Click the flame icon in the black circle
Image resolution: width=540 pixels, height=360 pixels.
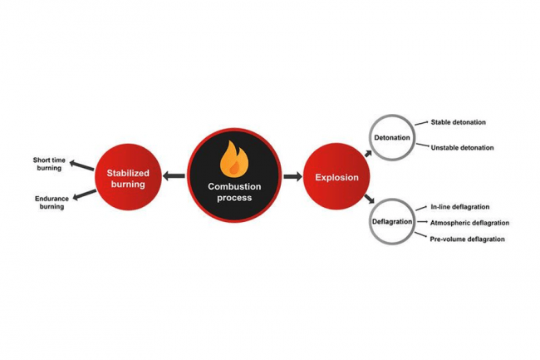click(x=228, y=157)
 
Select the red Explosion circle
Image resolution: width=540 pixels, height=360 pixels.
click(x=336, y=177)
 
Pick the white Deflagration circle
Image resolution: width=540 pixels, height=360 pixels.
click(x=390, y=223)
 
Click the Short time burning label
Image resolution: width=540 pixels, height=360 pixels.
click(x=48, y=163)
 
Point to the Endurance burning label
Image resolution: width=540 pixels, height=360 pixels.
click(x=51, y=202)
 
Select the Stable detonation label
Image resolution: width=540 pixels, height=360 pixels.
click(x=458, y=122)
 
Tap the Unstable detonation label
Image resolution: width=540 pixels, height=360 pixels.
click(x=462, y=148)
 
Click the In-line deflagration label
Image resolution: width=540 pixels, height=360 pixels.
click(x=459, y=206)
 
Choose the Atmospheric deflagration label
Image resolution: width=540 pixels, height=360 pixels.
click(x=469, y=223)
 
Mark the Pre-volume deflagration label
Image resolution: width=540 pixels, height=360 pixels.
click(x=467, y=239)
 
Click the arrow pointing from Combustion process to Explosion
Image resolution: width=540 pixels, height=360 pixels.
click(x=292, y=176)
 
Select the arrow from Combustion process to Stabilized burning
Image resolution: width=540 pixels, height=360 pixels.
click(x=174, y=176)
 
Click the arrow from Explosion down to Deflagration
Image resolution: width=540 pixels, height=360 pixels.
click(x=366, y=200)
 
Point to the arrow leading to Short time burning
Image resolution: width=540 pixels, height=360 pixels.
click(x=81, y=165)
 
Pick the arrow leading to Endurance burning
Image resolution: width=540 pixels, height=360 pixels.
click(x=85, y=195)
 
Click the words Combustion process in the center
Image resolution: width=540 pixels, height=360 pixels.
click(x=228, y=192)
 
